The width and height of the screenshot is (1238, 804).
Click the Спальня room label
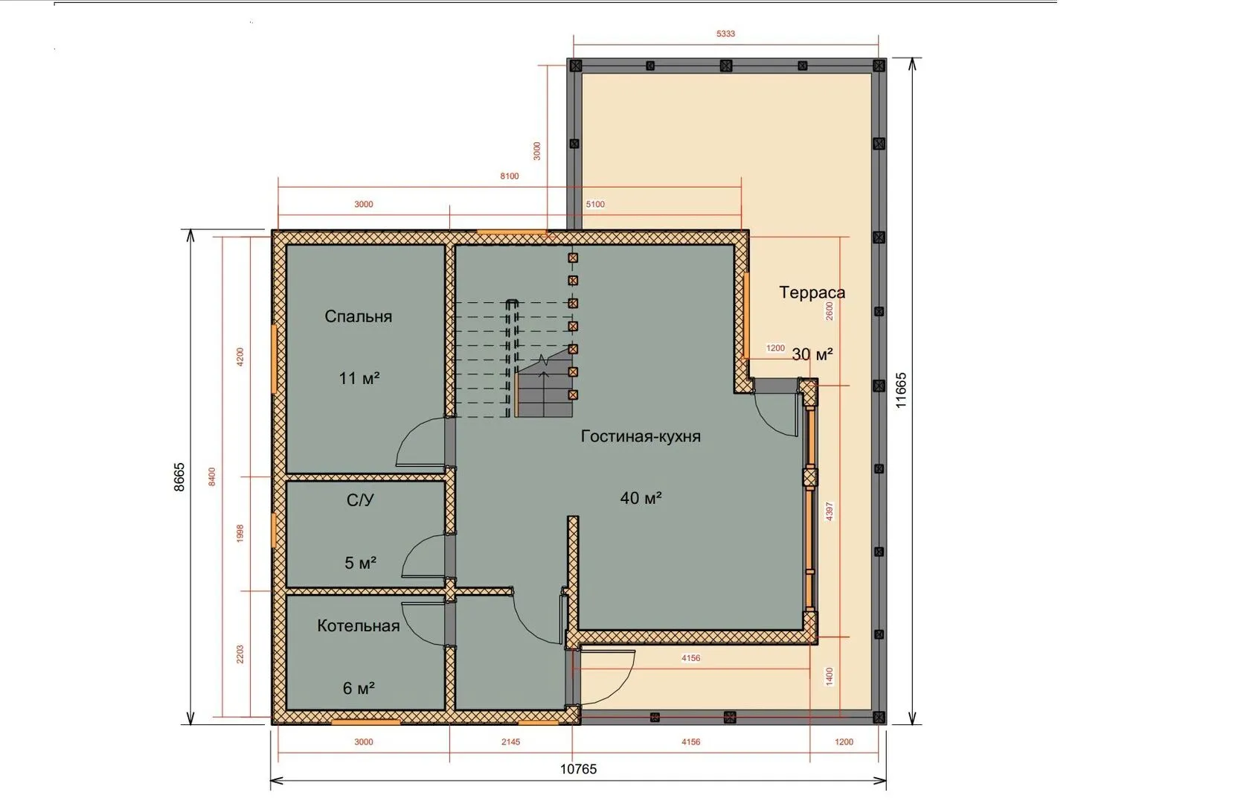358,316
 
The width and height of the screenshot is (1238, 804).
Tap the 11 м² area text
359,378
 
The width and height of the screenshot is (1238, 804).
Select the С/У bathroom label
360,500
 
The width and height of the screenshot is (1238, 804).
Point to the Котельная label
358,625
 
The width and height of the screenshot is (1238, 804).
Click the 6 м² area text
359,688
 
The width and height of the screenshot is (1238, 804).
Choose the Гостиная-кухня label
641,436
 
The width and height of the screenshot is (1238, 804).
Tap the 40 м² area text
641,498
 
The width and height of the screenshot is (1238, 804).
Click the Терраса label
812,292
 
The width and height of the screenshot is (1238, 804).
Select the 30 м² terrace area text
812,354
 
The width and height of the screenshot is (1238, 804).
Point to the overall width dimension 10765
579,769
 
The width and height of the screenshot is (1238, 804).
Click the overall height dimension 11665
901,390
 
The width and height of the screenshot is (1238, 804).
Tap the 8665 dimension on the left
179,477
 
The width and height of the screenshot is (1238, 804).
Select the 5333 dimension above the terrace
725,33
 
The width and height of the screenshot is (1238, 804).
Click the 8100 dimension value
510,176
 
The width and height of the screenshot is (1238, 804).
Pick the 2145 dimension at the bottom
510,741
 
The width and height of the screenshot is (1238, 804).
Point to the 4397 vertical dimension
829,511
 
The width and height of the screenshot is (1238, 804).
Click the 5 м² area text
360,563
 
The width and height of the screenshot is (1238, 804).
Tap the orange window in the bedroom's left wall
274,358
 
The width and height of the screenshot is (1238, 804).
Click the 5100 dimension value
595,204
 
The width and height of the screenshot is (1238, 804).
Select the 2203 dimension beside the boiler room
240,654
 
